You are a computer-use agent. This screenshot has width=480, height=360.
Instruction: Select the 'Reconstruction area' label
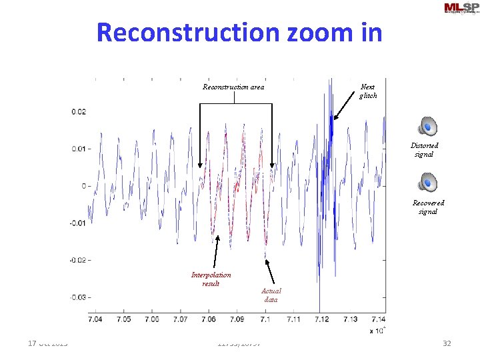[233, 87]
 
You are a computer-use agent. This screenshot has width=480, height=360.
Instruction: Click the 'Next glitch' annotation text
[367, 91]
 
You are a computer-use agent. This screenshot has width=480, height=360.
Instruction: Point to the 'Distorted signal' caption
[424, 149]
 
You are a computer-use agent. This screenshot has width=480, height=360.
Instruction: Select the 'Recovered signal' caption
[428, 207]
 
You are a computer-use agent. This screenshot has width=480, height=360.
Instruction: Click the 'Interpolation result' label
[211, 279]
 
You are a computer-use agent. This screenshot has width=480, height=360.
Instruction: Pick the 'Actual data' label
[271, 295]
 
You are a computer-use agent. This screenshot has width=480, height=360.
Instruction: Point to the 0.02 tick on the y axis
[79, 112]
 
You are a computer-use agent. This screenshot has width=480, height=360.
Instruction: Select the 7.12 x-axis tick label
[321, 319]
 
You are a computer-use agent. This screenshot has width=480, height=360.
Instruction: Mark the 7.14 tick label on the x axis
[378, 319]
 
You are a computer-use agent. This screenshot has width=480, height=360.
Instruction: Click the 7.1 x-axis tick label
[265, 319]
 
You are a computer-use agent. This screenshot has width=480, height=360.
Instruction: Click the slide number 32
[447, 343]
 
